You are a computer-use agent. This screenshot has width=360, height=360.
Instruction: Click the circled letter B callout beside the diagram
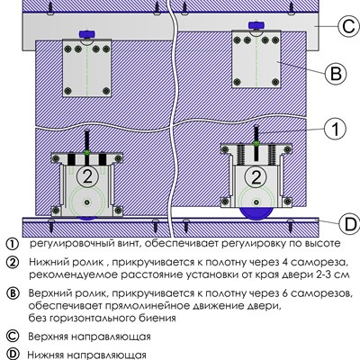332,72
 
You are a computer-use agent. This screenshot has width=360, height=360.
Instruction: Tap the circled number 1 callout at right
332,129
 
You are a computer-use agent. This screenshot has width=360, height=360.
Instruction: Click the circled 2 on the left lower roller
87,174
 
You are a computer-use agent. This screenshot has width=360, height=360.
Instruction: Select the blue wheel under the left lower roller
87,216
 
